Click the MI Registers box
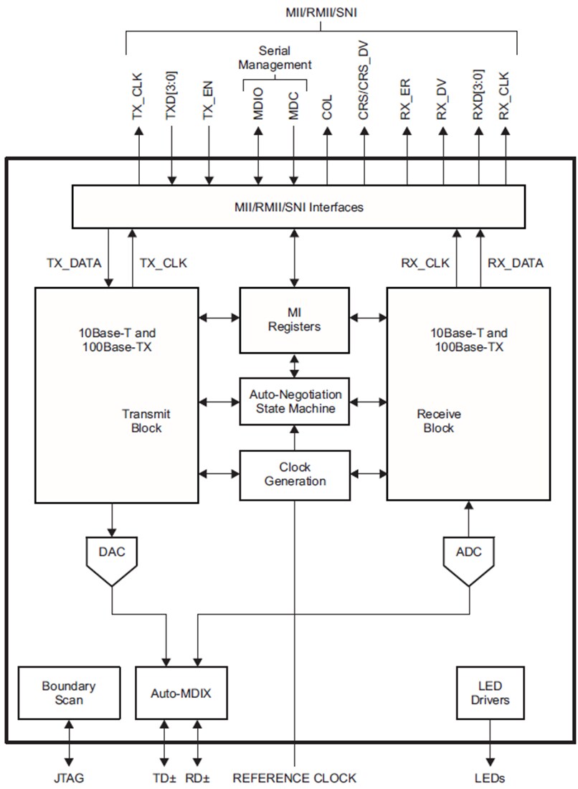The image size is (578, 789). pos(295,320)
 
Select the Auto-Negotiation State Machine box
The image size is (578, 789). pos(295,402)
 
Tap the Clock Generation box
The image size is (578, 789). pos(295,474)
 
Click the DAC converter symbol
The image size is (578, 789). pos(112,556)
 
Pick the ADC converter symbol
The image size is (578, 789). pos(469,556)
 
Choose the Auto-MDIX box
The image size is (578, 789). pos(181,694)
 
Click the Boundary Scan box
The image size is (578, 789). pos(68,693)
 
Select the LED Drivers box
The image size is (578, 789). pos(490,693)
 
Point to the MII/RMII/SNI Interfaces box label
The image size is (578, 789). pos(298,207)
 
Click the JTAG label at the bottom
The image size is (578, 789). pos(69,778)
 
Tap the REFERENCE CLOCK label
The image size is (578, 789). pos(295,778)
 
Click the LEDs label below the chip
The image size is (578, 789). pos(490,778)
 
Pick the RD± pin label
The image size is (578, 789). pos(198,778)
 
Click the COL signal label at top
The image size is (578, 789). pos(328,105)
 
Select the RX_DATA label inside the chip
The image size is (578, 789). pos(515,263)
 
